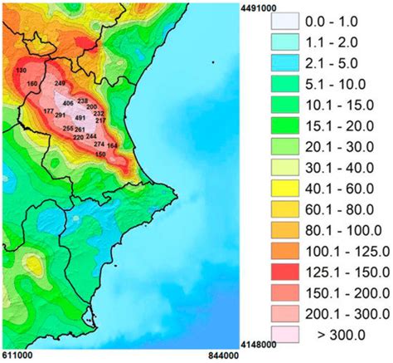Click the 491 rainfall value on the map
[80, 118]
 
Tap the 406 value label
[68, 102]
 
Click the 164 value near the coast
[112, 145]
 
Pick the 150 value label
[100, 154]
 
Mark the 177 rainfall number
[48, 110]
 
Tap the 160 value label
[32, 84]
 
